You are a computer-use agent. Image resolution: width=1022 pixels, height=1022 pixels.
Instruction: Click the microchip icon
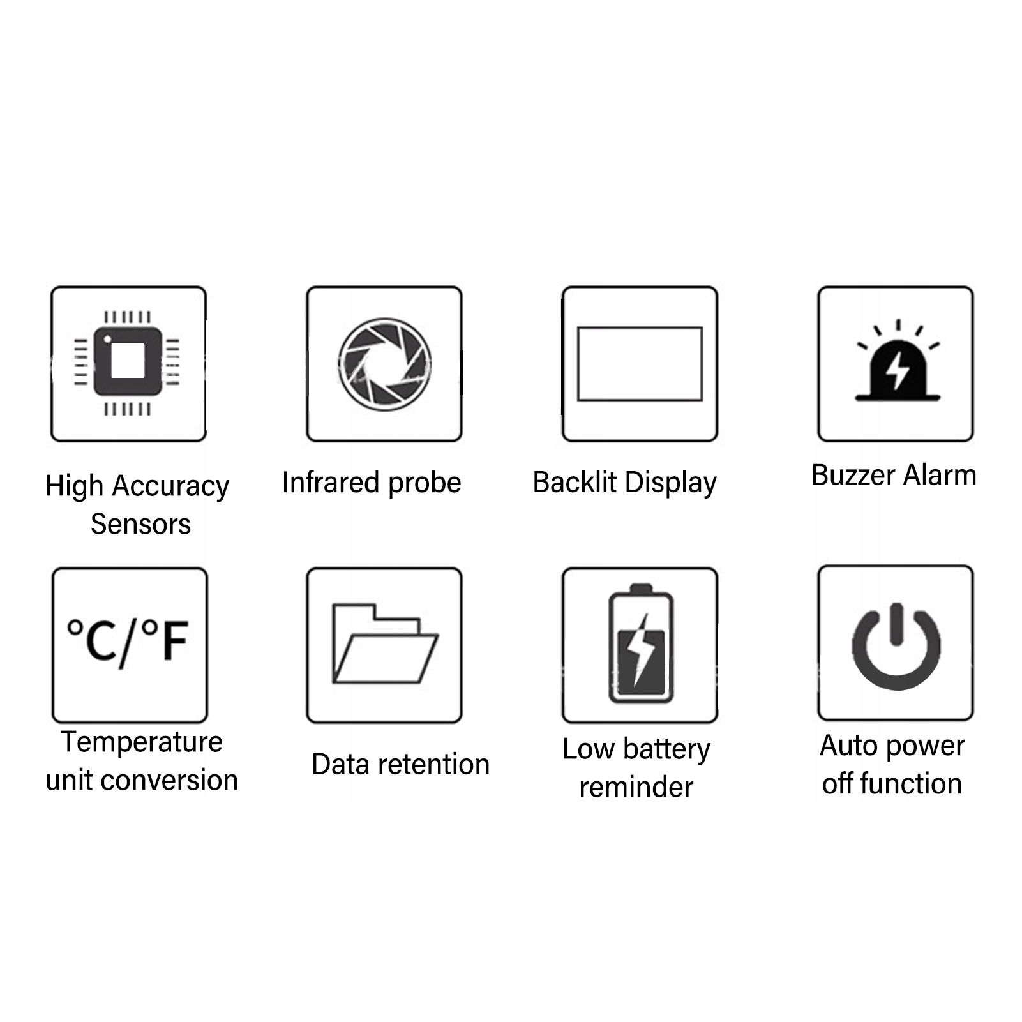click(128, 362)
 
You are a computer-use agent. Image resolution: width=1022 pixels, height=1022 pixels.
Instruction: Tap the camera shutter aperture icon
click(384, 364)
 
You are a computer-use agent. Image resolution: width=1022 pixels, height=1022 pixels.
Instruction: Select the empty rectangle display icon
click(640, 364)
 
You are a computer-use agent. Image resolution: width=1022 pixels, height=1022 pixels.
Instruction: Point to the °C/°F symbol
click(128, 641)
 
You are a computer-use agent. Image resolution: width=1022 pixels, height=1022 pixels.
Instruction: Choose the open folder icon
click(384, 643)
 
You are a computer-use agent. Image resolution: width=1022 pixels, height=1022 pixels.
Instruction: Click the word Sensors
click(140, 524)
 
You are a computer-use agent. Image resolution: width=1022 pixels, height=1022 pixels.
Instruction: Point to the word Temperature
click(142, 742)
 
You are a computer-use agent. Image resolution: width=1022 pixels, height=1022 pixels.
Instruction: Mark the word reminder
click(636, 787)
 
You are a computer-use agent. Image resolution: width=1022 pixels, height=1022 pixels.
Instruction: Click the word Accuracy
click(170, 486)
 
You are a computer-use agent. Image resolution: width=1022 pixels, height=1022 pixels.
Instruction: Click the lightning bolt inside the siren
click(898, 371)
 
